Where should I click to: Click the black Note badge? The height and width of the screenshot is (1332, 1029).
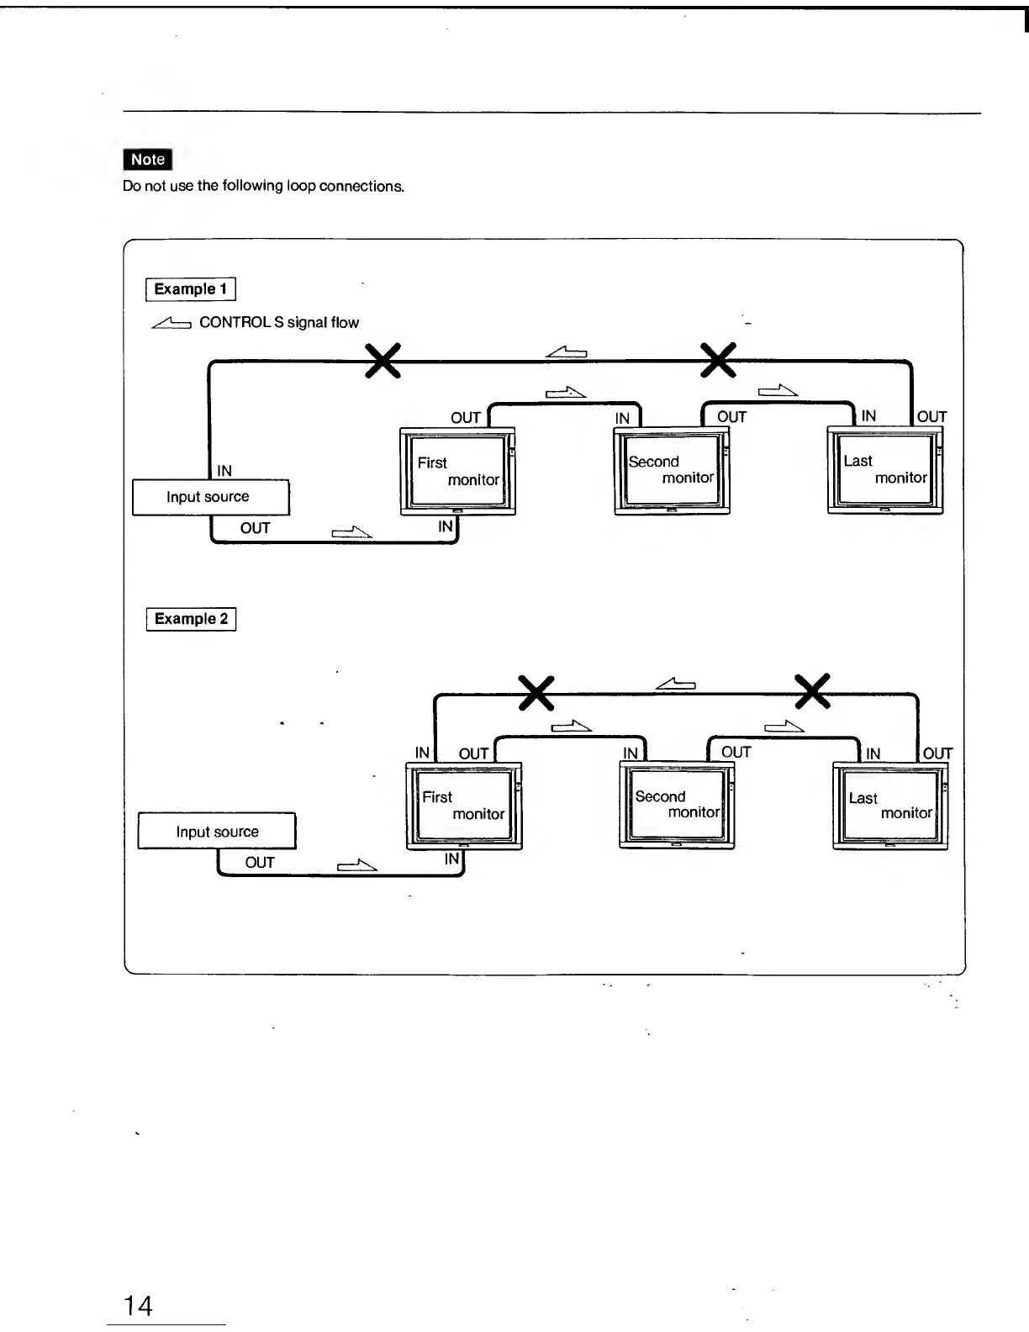(x=147, y=159)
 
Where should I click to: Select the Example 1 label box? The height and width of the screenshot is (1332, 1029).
(x=191, y=288)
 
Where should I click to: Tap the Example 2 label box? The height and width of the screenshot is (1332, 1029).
(x=191, y=619)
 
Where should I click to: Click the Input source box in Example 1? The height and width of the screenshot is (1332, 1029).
(x=210, y=497)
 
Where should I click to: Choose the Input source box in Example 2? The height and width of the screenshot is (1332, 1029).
(x=217, y=832)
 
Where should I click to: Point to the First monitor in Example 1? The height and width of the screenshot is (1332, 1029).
(x=457, y=471)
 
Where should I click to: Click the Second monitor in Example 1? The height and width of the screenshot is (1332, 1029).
(x=672, y=470)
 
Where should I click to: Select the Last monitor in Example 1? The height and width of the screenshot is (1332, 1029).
(x=885, y=470)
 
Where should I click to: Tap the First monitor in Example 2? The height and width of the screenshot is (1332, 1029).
(x=463, y=806)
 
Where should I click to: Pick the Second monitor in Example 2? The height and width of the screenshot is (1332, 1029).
(x=677, y=805)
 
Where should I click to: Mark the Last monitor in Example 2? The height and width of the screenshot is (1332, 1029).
(x=890, y=806)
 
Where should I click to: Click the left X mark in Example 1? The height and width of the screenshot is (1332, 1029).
(x=382, y=362)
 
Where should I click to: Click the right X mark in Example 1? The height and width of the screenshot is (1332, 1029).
(x=719, y=361)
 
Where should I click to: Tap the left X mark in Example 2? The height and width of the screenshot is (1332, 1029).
(x=536, y=693)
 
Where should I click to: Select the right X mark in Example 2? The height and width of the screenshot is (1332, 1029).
(x=813, y=692)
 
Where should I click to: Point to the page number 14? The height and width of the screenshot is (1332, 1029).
(x=138, y=1305)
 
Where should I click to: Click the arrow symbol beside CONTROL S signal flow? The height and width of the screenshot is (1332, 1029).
(x=171, y=323)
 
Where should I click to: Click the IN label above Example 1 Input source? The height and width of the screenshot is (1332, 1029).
(x=224, y=470)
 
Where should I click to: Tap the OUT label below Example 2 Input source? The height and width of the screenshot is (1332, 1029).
(x=260, y=863)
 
